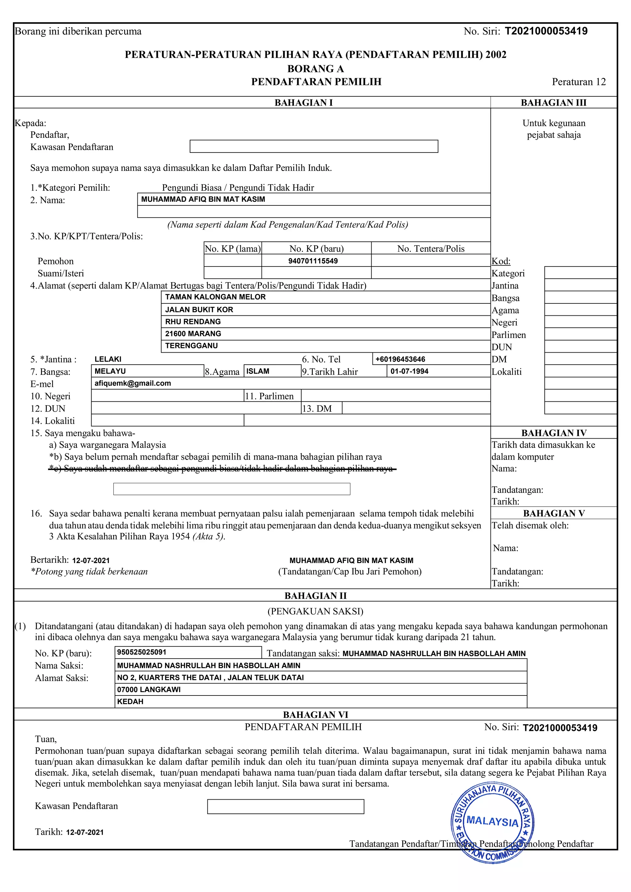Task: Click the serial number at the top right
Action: tap(546, 31)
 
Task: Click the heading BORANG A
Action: tap(315, 69)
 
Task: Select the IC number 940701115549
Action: tap(313, 261)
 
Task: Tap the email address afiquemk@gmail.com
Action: tap(132, 383)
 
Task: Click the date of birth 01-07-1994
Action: tap(409, 371)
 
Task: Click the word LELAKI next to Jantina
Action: tap(108, 359)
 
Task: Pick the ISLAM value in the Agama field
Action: tap(258, 371)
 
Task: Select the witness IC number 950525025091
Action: tap(141, 652)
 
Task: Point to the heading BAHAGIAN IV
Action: tap(554, 433)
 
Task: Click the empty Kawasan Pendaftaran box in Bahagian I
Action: tap(314, 147)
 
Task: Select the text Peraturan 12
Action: tap(579, 82)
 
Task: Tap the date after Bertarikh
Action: tap(91, 561)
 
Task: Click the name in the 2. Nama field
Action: tap(203, 199)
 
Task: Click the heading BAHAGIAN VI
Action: tap(315, 715)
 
